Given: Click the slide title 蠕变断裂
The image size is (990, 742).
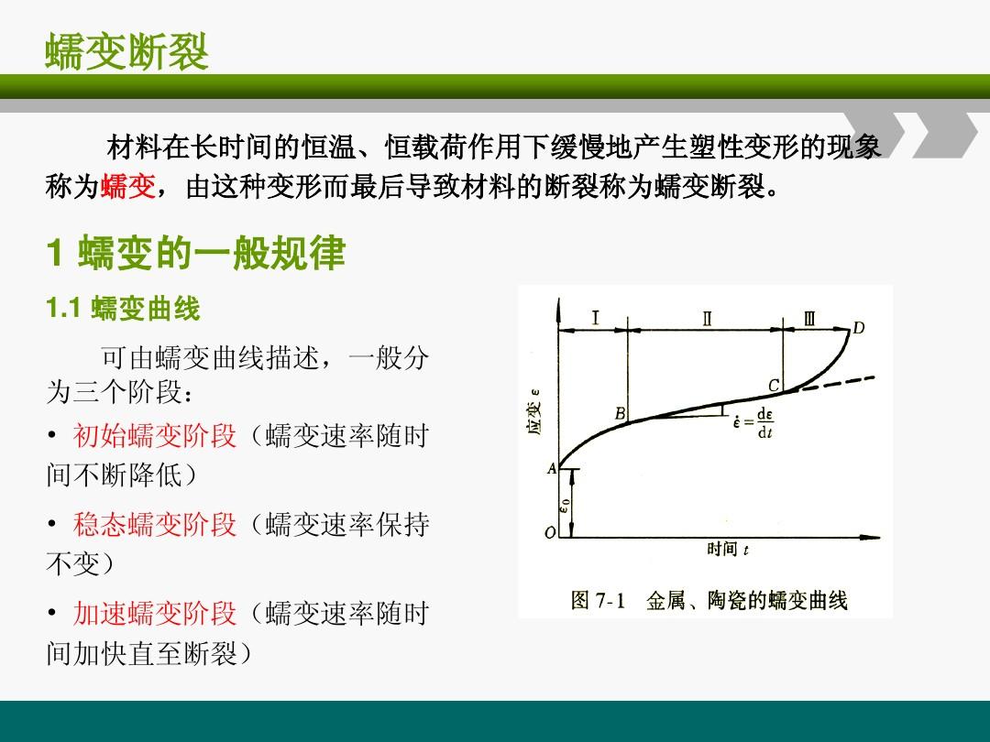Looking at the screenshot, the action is tap(126, 51).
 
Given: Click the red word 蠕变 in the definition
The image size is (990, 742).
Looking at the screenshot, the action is tap(127, 186).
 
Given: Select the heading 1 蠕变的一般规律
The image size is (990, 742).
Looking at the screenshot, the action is tap(196, 253).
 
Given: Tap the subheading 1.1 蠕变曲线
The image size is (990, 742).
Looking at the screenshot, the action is tap(123, 309).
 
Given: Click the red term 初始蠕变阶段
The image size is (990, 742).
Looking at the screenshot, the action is tap(155, 435).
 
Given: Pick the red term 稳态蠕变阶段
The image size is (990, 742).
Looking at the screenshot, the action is tap(155, 524).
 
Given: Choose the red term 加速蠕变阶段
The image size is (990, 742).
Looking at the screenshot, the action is tap(155, 613).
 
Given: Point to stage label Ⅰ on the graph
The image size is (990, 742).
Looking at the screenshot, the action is tap(595, 317).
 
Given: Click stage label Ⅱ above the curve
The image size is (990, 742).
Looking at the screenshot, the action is tap(707, 317).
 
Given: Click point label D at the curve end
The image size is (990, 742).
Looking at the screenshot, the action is tap(858, 327).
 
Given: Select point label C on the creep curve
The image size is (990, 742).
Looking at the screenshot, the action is tap(774, 385).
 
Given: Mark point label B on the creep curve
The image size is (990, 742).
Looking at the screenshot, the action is tap(620, 413).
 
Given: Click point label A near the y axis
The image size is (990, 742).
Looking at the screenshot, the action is tap(551, 468).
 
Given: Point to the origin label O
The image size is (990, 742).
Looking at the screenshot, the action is tap(550, 532).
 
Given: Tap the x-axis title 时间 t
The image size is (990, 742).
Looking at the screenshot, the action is tap(727, 549).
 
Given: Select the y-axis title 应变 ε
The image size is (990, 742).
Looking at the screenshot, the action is tap(533, 412).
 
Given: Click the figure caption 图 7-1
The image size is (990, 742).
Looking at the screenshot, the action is tap(598, 600).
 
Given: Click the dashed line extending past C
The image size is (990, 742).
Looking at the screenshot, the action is tap(835, 384).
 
